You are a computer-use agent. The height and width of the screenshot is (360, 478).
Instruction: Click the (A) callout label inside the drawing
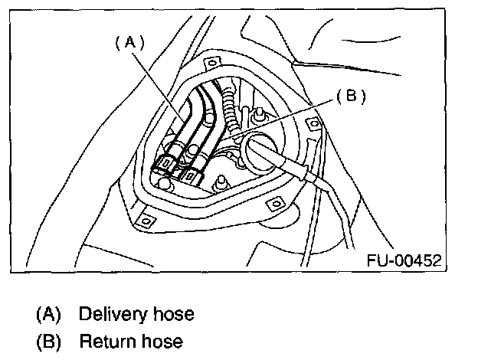[129, 44]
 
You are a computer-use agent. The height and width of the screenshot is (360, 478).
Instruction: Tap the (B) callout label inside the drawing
[351, 97]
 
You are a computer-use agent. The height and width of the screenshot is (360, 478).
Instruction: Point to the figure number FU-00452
[403, 260]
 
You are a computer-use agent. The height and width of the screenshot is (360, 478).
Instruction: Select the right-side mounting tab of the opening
[312, 122]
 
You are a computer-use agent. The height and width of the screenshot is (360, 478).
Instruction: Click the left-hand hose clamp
[164, 164]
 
